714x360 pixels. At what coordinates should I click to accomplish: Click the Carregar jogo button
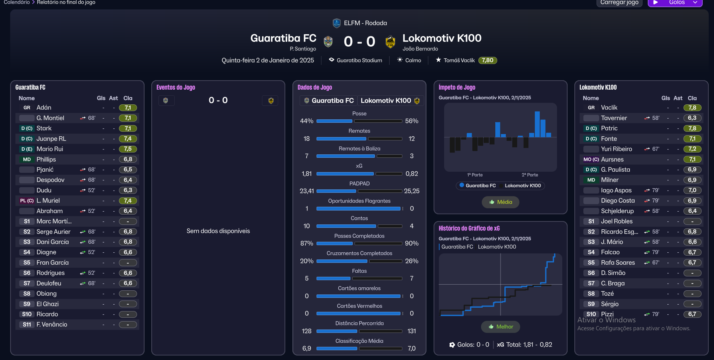coord(619,3)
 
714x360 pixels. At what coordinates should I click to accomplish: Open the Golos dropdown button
coord(675,3)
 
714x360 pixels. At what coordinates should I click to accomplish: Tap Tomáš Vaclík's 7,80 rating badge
coord(487,60)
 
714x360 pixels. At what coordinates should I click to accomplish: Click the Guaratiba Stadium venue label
coord(359,60)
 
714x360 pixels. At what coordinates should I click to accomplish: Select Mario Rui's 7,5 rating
coord(128,149)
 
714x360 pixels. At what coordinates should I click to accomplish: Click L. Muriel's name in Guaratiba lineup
coord(48,201)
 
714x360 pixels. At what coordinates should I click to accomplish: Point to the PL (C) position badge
coord(27,201)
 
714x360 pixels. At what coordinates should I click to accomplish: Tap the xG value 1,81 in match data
coord(306,174)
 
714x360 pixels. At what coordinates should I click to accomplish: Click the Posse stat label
coord(359,113)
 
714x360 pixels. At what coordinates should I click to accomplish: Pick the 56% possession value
coord(411,121)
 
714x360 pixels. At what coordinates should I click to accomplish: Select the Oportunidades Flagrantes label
coord(359,201)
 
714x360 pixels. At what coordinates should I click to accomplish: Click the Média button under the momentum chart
coord(500,202)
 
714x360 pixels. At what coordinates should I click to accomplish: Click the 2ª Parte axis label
coord(530,175)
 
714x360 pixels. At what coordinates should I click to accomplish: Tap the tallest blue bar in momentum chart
coord(537,124)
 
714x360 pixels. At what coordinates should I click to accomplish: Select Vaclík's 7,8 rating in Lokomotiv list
coord(692,108)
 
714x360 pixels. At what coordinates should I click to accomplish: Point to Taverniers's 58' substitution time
coord(656,118)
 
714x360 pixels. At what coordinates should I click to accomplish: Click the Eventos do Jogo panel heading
coord(176,87)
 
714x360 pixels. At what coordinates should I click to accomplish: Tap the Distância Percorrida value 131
coord(411,331)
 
